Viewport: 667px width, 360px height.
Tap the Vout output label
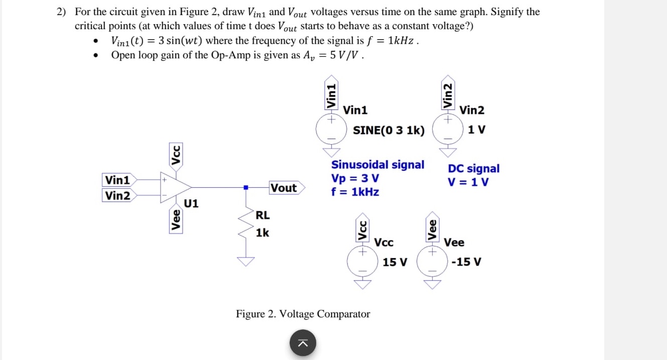click(x=284, y=188)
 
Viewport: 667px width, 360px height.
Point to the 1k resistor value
click(x=262, y=233)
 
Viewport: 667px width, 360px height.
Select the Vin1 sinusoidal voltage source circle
click(x=331, y=129)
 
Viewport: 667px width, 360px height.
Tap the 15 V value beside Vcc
click(x=395, y=262)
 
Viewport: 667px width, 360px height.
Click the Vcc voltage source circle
click(x=362, y=261)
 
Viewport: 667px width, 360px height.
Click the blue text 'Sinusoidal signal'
click(x=377, y=165)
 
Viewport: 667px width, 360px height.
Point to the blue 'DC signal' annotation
click(x=473, y=169)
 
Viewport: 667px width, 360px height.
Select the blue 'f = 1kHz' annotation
click(x=355, y=192)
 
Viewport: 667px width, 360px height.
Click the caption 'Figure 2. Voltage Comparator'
click(x=303, y=314)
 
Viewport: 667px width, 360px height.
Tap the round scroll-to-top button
click(x=303, y=343)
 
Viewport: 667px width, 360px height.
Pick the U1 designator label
click(x=191, y=203)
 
